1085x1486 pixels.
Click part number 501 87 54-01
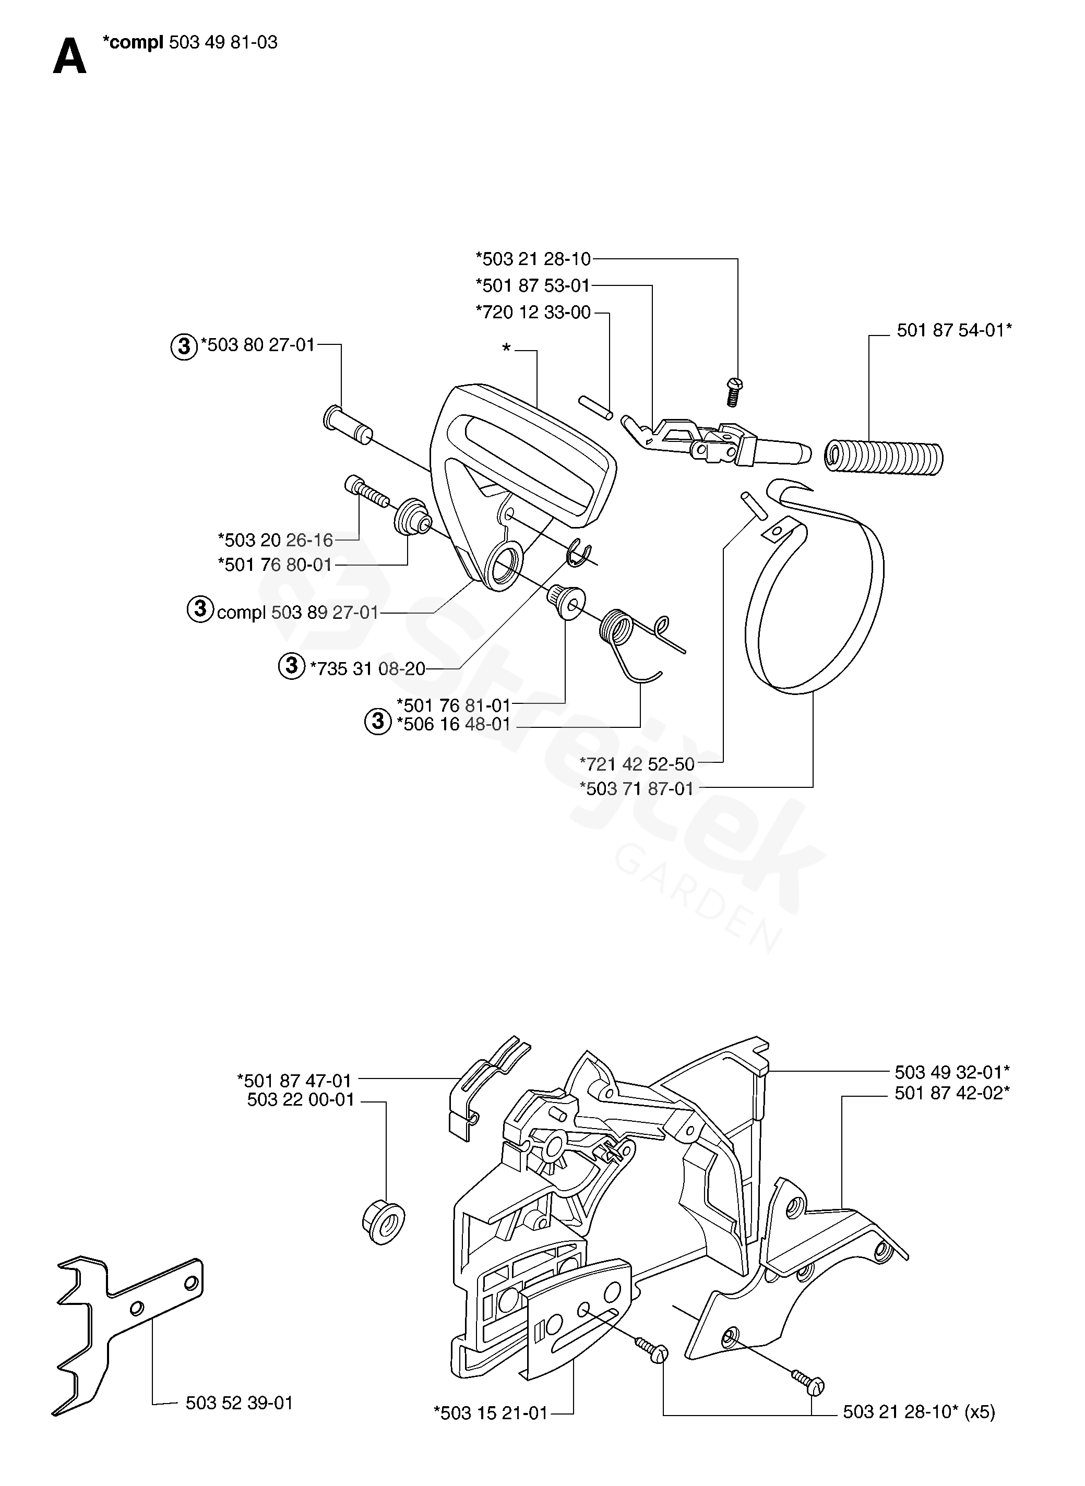pos(953,330)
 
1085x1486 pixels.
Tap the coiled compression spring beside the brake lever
pos(884,458)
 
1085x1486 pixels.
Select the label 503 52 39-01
pos(239,1403)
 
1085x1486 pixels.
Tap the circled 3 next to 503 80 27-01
pos(184,345)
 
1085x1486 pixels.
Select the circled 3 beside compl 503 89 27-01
pos(200,609)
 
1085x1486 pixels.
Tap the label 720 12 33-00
pos(533,312)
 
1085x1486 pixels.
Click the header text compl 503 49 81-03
pos(190,43)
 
